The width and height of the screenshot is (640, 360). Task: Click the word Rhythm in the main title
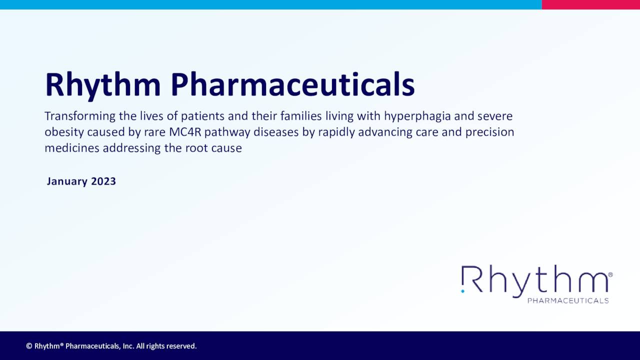click(x=102, y=84)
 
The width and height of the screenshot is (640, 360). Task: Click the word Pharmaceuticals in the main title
click(x=292, y=84)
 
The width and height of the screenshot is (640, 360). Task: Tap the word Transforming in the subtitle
click(x=80, y=116)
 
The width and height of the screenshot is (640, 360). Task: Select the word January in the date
click(x=67, y=181)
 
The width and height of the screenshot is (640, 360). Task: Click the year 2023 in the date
click(x=103, y=181)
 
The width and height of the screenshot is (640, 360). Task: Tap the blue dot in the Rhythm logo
click(x=463, y=290)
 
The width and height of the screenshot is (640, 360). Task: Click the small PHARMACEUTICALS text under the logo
click(x=568, y=300)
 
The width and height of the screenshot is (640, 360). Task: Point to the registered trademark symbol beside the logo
click(x=610, y=274)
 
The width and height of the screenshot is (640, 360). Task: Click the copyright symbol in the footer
click(x=29, y=346)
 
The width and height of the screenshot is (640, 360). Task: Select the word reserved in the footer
click(x=181, y=346)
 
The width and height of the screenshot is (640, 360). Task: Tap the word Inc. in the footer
click(x=127, y=346)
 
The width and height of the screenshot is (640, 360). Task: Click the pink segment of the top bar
click(x=590, y=4)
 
